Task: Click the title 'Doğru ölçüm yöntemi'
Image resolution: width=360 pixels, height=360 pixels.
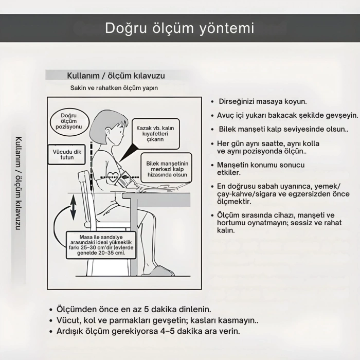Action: [179, 28]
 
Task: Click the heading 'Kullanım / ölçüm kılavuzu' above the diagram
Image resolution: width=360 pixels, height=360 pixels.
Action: [116, 76]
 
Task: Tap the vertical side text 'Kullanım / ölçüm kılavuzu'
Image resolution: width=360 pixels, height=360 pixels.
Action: [18, 183]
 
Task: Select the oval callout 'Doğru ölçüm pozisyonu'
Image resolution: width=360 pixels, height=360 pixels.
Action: [69, 121]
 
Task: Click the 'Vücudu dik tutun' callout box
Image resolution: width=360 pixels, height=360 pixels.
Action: [67, 154]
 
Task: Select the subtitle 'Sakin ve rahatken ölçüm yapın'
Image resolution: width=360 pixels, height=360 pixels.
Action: [114, 88]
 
